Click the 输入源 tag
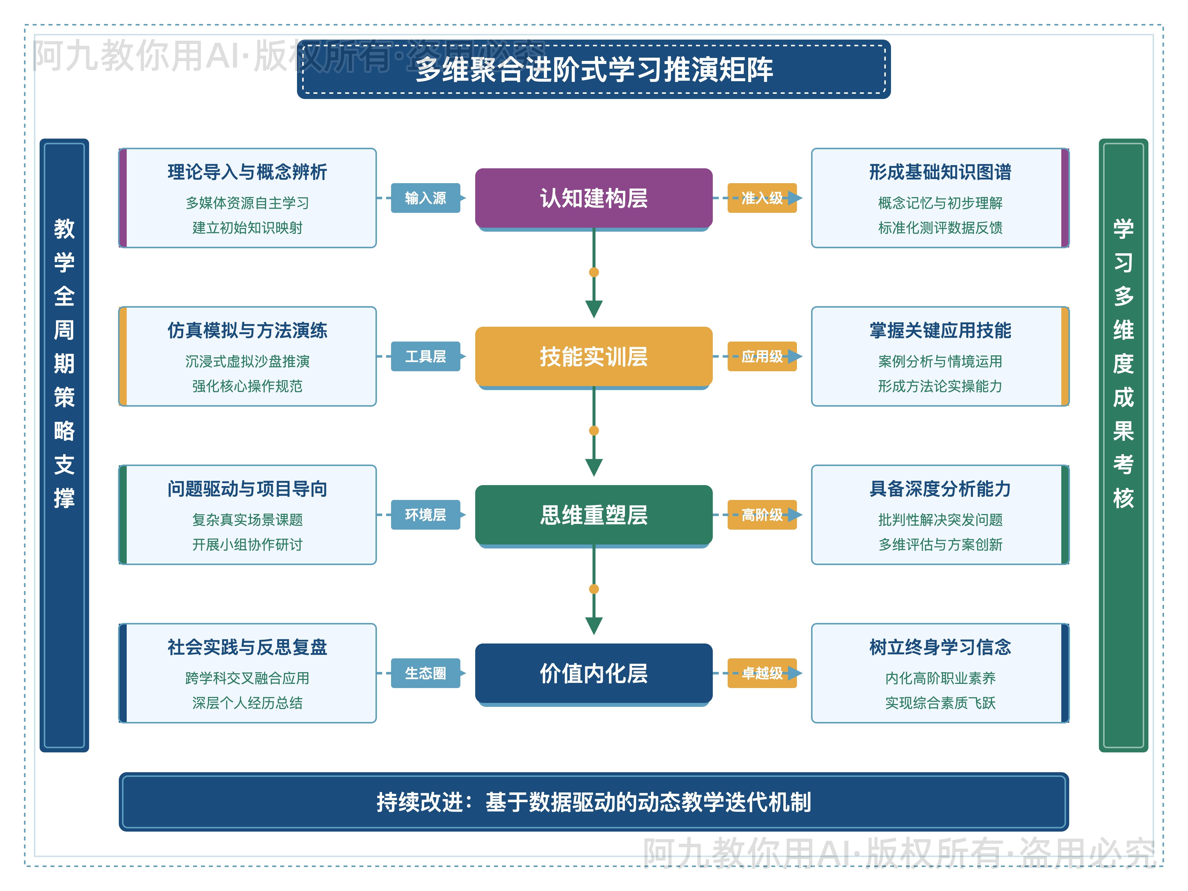[425, 198]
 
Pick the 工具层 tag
[425, 357]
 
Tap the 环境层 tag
[425, 515]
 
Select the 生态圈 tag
[425, 673]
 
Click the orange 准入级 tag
[762, 198]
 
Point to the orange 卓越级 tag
[762, 673]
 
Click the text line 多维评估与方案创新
[940, 544]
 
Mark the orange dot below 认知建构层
[594, 272]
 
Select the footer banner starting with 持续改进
[594, 802]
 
